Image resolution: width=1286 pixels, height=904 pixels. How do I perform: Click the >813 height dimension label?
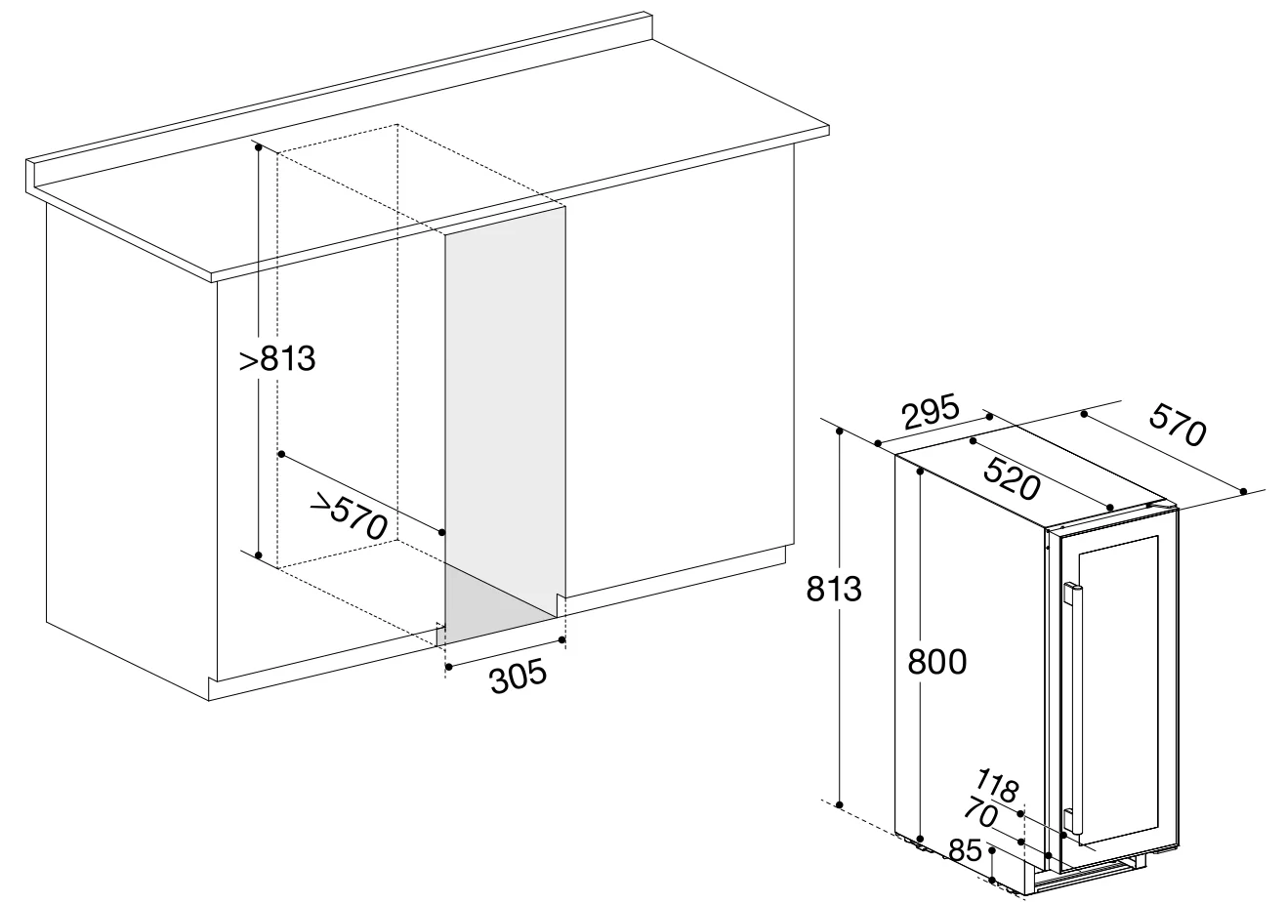click(278, 359)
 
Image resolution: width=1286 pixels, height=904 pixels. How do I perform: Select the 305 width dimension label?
click(517, 678)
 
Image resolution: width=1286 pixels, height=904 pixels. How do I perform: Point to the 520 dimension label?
click(1011, 475)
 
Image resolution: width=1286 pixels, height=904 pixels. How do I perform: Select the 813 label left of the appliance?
click(834, 590)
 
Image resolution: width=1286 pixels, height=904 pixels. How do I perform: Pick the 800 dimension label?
click(936, 662)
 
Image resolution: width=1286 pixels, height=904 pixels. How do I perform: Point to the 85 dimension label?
click(965, 851)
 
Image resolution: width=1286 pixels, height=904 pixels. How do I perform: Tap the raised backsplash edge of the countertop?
click(332, 98)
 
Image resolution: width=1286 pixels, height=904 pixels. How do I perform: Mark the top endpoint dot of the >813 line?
click(258, 146)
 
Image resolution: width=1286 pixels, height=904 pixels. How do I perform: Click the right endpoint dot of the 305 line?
click(564, 640)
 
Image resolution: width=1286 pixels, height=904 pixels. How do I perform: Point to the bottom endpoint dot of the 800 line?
click(920, 838)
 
